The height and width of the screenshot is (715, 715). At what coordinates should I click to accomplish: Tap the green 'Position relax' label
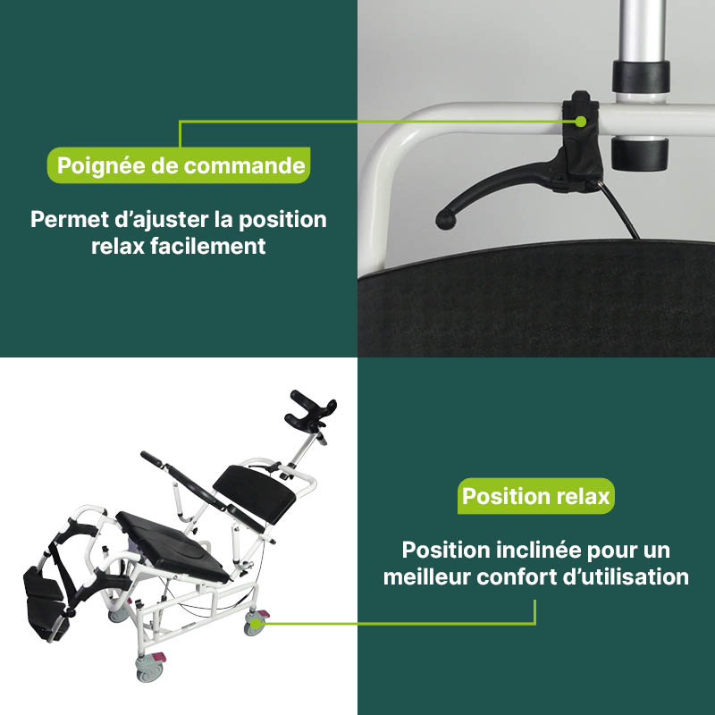536,495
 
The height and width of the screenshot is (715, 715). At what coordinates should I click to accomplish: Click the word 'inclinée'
537,550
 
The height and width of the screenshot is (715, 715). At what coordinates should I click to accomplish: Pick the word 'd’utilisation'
630,577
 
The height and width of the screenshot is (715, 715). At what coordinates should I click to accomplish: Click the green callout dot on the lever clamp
581,120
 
